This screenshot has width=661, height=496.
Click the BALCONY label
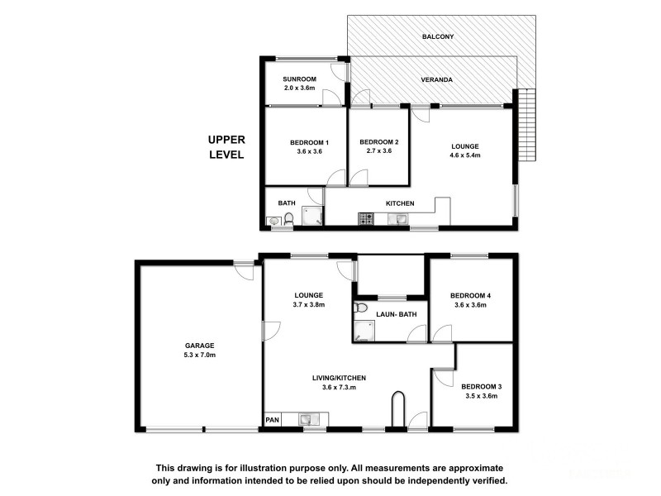click(438, 36)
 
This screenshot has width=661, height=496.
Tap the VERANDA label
click(437, 79)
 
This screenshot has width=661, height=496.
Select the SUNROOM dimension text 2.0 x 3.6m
click(299, 88)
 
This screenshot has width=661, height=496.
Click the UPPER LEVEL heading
click(226, 147)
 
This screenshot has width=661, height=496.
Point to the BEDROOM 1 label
click(309, 142)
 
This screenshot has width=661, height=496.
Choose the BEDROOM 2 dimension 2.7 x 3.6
click(379, 151)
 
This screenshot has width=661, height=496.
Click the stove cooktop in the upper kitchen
click(366, 219)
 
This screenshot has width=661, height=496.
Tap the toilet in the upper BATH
click(288, 218)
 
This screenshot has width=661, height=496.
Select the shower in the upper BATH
click(312, 216)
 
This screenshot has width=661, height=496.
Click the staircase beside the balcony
click(526, 125)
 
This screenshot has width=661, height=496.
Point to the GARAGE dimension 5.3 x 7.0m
click(199, 355)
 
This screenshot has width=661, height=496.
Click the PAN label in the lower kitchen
click(273, 420)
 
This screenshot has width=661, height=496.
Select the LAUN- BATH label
click(397, 314)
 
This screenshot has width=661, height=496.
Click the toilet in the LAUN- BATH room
click(360, 308)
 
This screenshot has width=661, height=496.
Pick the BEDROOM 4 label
click(470, 296)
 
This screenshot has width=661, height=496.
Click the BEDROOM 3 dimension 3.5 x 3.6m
click(482, 396)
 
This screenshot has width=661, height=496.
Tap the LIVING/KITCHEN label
click(339, 379)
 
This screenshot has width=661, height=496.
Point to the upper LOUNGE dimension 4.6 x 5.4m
click(465, 155)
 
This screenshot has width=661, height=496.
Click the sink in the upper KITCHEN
click(397, 219)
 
